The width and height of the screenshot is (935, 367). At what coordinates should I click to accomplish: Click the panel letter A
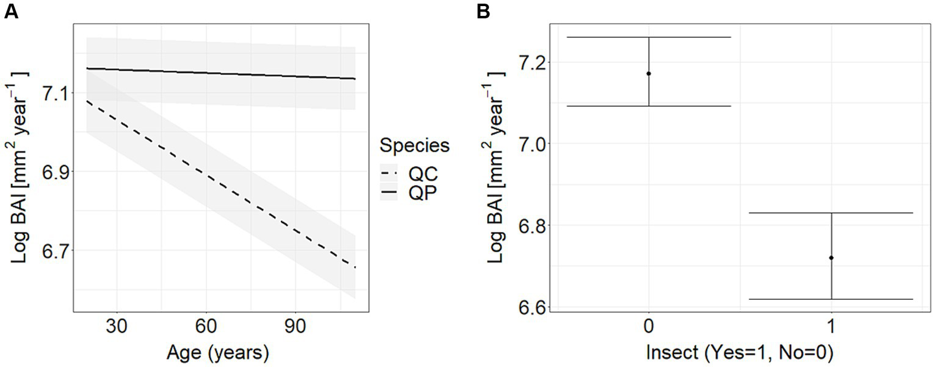coord(10,12)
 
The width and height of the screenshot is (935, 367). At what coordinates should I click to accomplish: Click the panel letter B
coord(483,12)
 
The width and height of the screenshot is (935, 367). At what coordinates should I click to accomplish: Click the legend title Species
coord(414,146)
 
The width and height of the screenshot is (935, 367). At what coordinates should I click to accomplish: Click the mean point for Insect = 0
coord(648,73)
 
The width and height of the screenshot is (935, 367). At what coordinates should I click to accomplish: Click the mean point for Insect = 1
coord(831,258)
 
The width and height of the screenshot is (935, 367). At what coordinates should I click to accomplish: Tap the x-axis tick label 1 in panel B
coord(831,327)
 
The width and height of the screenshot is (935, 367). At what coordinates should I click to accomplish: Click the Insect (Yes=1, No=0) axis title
coord(739,352)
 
